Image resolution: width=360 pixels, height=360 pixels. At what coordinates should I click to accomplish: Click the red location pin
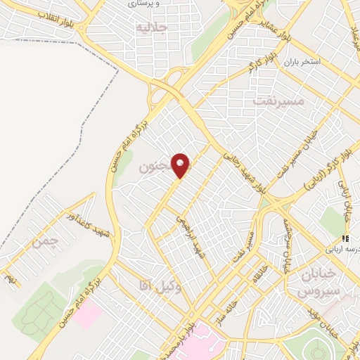click(181, 166)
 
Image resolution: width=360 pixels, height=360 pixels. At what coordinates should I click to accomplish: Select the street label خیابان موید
click(325, 332)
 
